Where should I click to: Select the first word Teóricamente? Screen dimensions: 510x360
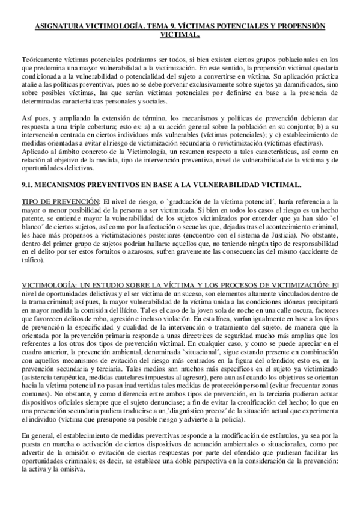[x=42, y=62]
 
